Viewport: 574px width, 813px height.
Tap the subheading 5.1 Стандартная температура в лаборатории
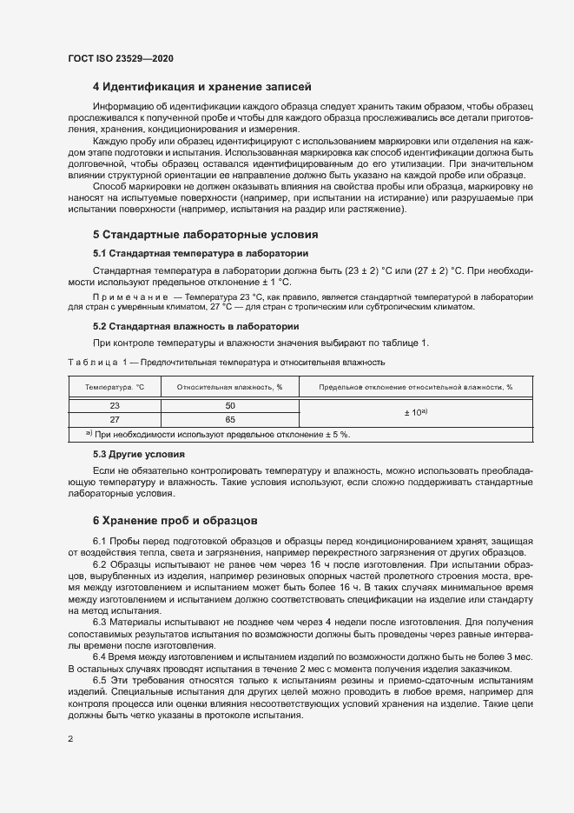(200, 253)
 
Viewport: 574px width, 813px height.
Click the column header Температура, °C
(115, 387)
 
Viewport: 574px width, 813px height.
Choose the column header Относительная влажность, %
(230, 387)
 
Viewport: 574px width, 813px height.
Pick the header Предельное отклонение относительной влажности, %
(415, 387)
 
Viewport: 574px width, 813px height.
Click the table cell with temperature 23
(115, 405)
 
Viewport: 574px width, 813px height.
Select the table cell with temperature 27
(115, 418)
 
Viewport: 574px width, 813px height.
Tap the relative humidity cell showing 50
(230, 405)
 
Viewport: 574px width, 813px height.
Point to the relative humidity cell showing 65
(230, 418)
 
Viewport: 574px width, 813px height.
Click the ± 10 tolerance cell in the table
(415, 411)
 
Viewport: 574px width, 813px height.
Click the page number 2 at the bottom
(70, 739)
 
